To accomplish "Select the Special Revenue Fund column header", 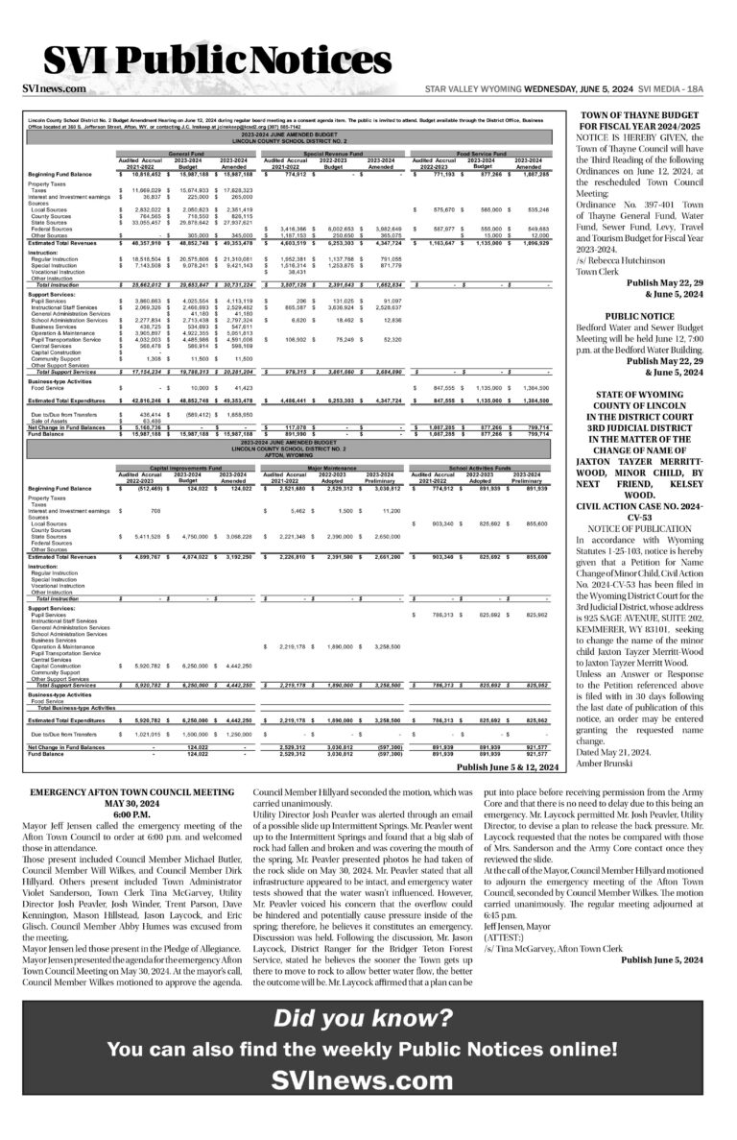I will (x=333, y=153).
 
